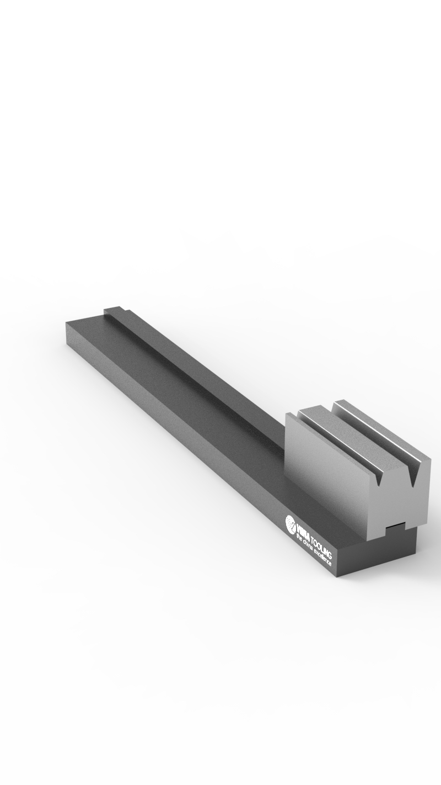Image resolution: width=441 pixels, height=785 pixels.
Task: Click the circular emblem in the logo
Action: point(291,522)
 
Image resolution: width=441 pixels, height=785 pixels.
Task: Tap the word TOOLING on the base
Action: point(321,546)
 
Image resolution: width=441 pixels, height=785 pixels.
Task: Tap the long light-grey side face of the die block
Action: point(325,469)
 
